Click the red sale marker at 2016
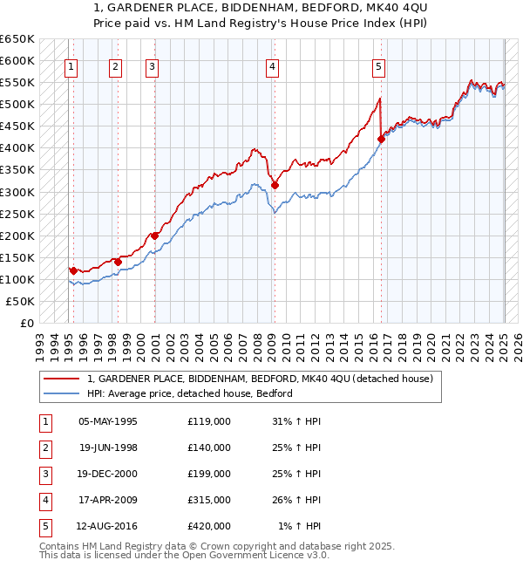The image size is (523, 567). (381, 139)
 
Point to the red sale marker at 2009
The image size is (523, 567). (275, 185)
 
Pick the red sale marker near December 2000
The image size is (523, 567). (154, 236)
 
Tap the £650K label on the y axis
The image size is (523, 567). (17, 39)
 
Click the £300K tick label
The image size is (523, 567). (17, 192)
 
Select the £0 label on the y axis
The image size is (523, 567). (26, 323)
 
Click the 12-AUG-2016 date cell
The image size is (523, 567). (107, 525)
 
